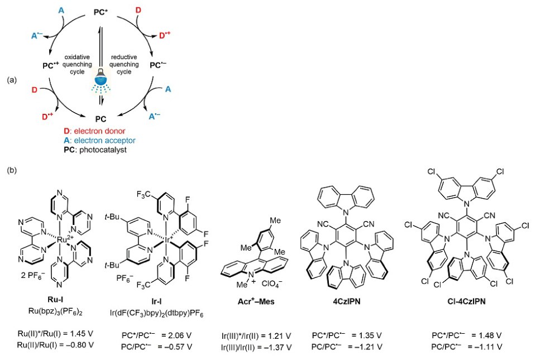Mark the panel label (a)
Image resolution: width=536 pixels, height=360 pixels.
point(12,80)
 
